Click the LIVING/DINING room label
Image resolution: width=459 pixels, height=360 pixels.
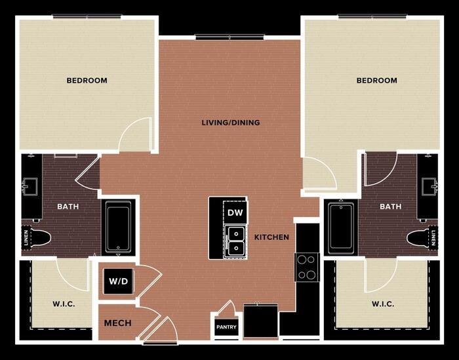tap(231, 123)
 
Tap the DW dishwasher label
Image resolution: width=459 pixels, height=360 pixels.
tap(235, 212)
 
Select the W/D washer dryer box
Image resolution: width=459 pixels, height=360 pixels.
tap(119, 281)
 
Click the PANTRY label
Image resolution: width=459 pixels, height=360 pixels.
tap(226, 327)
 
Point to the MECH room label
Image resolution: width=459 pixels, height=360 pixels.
tap(117, 323)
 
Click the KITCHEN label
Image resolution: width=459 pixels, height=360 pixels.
tap(271, 237)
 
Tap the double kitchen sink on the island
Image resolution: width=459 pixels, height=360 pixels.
tap(235, 242)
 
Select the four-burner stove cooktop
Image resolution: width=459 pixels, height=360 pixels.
tap(307, 267)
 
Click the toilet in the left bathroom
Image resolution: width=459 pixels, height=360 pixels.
tap(39, 238)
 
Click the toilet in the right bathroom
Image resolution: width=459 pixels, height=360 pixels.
tap(418, 238)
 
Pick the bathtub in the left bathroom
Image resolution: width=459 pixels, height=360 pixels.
tap(118, 226)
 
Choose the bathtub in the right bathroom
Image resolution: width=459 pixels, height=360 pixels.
tap(341, 228)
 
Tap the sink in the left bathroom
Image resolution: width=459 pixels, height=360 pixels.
tap(30, 186)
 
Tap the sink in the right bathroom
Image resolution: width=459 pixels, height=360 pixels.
tap(429, 186)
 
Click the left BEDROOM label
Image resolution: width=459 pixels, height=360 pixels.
tap(87, 80)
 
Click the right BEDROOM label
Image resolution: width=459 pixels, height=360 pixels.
tap(377, 80)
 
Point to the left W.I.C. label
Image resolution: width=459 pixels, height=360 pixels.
tap(64, 304)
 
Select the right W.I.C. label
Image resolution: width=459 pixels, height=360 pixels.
tap(383, 304)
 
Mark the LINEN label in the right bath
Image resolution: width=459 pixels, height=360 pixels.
tap(433, 238)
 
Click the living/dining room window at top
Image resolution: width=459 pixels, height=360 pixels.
tap(229, 37)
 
